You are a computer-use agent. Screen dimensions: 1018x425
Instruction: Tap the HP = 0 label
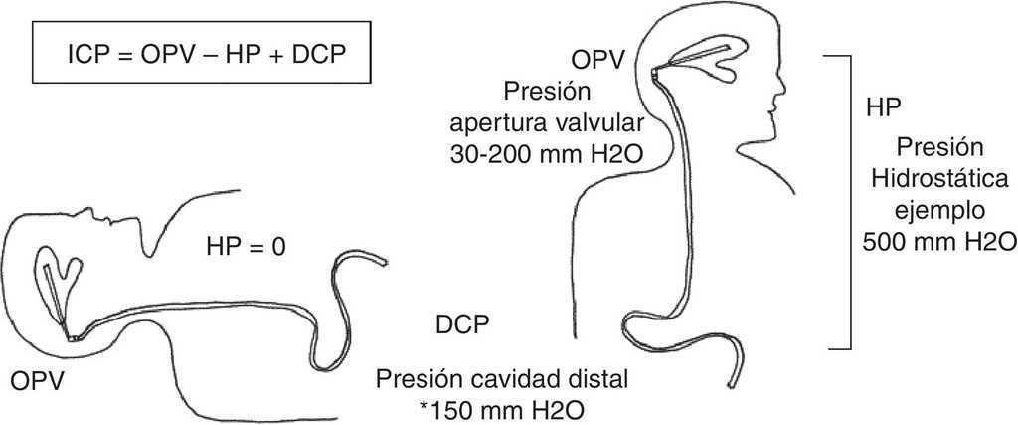247,247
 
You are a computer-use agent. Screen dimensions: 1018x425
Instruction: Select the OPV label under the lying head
37,381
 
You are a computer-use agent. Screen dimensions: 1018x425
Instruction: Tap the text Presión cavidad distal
502,379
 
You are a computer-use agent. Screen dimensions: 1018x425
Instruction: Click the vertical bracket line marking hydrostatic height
849,203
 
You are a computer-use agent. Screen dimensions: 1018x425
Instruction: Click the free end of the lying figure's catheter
386,263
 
